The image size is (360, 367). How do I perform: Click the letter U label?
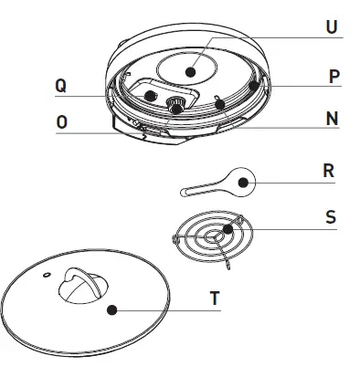coord(332,27)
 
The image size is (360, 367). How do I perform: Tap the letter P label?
coord(334,77)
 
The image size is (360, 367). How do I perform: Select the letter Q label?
coord(60,85)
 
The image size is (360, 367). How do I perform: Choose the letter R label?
coord(329,171)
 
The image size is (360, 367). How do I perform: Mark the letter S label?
coord(330,217)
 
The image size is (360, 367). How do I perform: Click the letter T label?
coord(214,298)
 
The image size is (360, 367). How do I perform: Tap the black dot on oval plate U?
coord(190,69)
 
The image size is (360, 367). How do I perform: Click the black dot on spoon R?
coord(243,183)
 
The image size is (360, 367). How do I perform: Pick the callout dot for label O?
coord(173,110)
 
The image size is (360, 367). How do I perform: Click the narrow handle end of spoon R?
coord(187,191)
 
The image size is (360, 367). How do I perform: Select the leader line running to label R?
coord(283,183)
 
